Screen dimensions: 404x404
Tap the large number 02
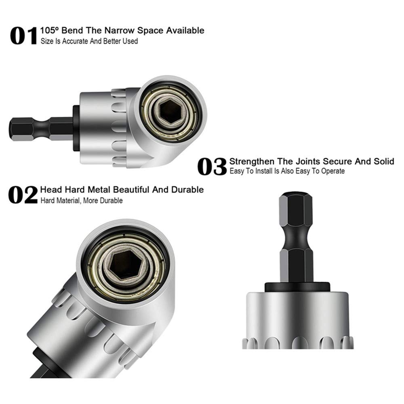coord(23,195)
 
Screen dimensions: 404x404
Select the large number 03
coord(212,167)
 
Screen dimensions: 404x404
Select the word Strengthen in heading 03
coord(251,162)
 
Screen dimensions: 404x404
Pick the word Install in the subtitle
coord(264,171)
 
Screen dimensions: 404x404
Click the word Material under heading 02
coord(67,201)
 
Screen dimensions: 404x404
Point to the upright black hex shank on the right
coord(296,236)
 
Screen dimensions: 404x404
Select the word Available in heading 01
coord(184,30)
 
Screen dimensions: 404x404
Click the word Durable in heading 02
coord(189,189)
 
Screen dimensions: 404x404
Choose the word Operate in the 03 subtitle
coord(332,171)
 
